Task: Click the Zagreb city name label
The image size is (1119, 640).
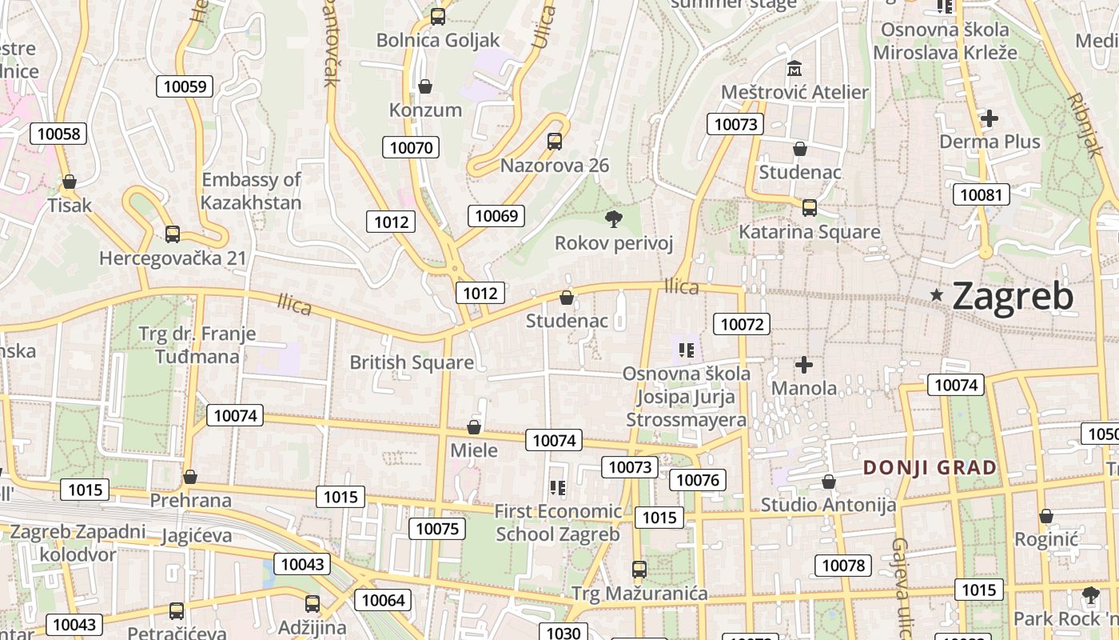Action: [1013, 297]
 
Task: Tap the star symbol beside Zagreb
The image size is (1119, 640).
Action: [937, 295]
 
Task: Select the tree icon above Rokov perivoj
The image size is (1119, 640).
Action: [614, 218]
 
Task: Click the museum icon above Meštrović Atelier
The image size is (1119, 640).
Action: [794, 69]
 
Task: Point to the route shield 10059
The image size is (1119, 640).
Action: [185, 86]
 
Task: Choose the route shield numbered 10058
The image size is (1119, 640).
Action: [58, 134]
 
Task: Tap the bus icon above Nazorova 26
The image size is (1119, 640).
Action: [555, 142]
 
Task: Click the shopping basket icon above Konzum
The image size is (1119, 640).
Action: [425, 86]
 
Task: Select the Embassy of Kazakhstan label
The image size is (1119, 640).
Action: [251, 190]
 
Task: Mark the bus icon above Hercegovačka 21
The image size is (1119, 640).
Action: [173, 234]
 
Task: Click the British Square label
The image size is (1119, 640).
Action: [412, 362]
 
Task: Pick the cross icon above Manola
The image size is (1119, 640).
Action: [804, 366]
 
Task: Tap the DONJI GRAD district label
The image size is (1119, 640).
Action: [930, 468]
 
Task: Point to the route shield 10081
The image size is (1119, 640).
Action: [981, 194]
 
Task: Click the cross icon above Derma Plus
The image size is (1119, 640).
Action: [990, 119]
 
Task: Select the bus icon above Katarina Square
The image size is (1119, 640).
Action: [810, 208]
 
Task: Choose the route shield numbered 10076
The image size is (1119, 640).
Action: [698, 480]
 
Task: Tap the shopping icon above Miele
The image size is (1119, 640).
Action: [474, 427]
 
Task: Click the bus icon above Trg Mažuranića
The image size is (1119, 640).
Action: [639, 570]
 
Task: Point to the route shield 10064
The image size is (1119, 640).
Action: [384, 600]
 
